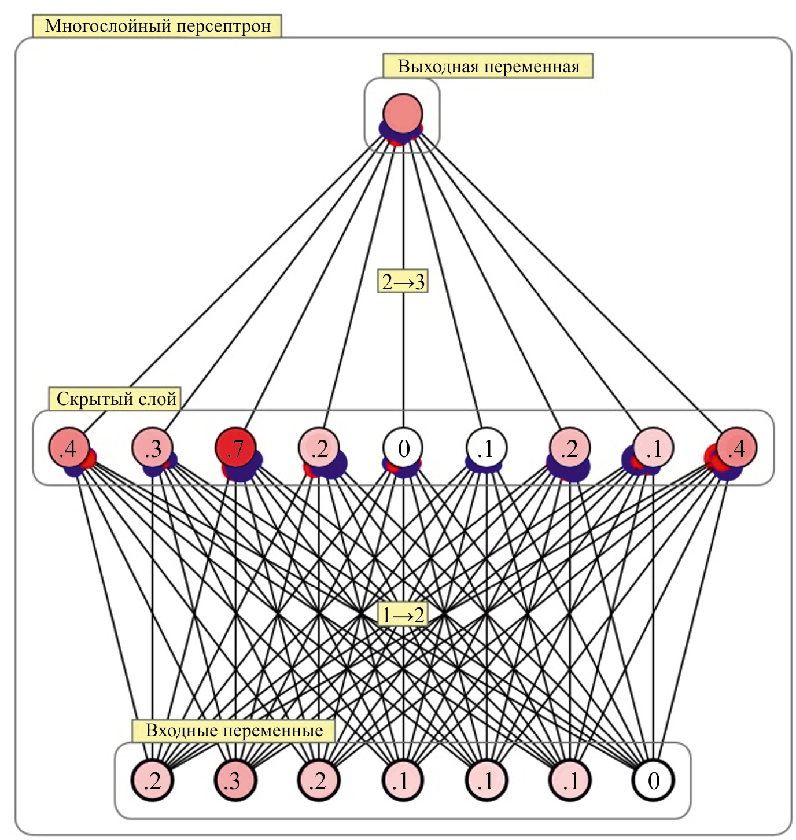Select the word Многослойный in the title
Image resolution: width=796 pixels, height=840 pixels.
coord(107,27)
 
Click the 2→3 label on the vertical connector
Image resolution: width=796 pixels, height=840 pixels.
coord(403,282)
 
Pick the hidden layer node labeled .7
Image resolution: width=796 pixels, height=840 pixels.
coord(236,448)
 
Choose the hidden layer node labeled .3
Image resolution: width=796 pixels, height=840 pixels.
coord(153,448)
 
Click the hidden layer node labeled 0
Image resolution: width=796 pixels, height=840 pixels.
coord(403,448)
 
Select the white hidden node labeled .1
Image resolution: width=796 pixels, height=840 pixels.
coord(487,448)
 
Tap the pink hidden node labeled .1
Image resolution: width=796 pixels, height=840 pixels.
coord(653,448)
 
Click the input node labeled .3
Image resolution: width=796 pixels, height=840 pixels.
coord(235,780)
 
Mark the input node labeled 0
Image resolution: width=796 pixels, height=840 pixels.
coord(654,780)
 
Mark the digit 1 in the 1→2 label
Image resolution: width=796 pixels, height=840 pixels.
coord(386,615)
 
